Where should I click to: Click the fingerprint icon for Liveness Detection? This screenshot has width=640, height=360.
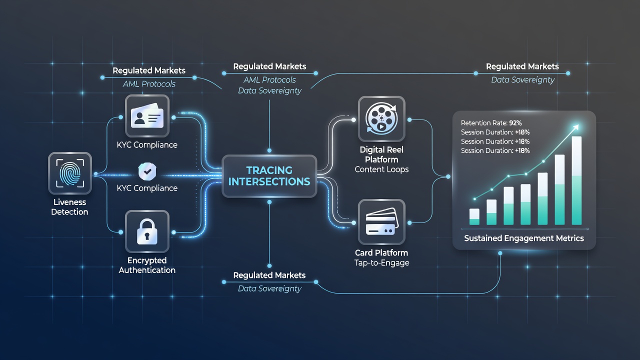(x=70, y=173)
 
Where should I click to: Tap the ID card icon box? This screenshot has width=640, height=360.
(x=147, y=116)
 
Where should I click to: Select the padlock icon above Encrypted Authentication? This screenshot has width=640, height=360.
(x=147, y=231)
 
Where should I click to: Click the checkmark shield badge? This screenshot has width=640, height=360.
(x=147, y=171)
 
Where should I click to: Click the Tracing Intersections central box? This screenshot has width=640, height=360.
(x=269, y=176)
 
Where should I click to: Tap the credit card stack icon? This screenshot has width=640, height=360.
(x=381, y=222)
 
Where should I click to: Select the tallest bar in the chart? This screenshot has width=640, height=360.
(x=576, y=180)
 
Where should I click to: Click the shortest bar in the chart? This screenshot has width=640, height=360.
(x=474, y=216)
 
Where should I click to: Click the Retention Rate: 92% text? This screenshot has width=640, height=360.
(x=491, y=123)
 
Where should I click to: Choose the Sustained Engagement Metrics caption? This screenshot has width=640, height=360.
(x=524, y=238)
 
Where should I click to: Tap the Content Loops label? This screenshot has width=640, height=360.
(x=381, y=169)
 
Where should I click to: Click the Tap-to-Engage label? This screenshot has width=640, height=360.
(x=381, y=263)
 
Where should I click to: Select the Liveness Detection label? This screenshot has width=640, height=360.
(x=69, y=207)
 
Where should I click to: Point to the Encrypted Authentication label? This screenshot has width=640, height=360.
(x=147, y=265)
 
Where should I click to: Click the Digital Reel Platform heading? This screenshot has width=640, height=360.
(x=381, y=154)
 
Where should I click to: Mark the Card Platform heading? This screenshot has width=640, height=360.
(x=381, y=253)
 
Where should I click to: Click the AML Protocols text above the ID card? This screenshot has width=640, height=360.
(x=149, y=84)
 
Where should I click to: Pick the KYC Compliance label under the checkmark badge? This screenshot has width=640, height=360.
(x=147, y=188)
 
